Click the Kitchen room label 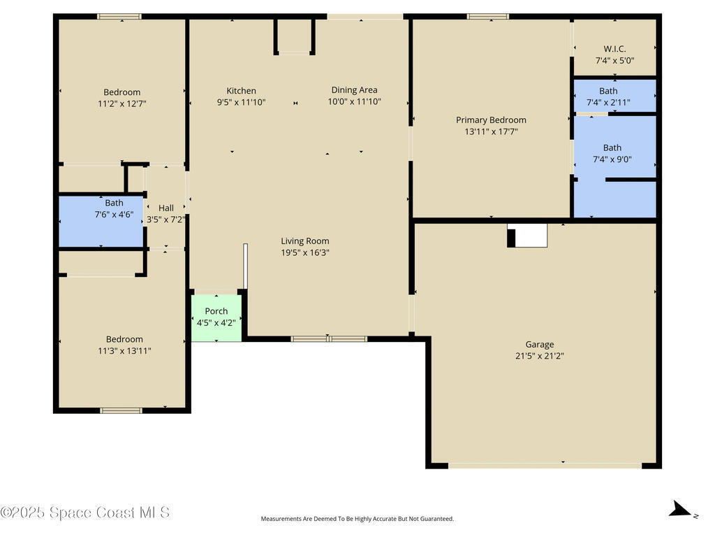point(241,91)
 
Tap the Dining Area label point(354,90)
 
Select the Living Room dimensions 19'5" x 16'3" point(305,252)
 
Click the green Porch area point(216,318)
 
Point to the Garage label point(540,345)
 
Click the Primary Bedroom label point(491,120)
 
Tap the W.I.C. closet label point(614,49)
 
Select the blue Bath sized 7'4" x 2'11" point(614,95)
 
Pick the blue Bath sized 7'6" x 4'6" point(101,222)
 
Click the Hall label point(166,208)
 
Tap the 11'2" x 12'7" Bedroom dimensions point(121,103)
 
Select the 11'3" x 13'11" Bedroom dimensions point(124,351)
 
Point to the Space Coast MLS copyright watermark point(85,513)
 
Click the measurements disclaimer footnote point(357,519)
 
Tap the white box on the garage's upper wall point(528,236)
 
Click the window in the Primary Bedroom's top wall point(488,17)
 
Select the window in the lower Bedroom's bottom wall point(121,410)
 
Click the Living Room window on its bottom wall point(329,339)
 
